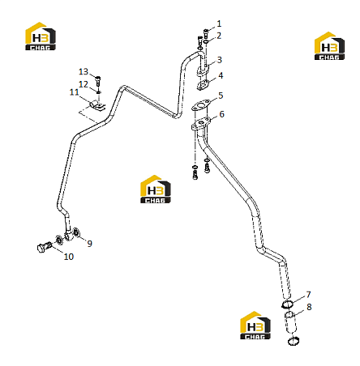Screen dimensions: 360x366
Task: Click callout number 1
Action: [219, 23]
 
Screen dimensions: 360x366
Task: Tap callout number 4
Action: [221, 75]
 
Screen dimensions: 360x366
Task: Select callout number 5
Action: [221, 96]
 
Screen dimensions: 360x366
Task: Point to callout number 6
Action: [221, 114]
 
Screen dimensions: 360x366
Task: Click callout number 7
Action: [308, 294]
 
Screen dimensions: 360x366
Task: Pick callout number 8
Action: [309, 307]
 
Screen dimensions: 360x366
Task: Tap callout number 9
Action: [90, 244]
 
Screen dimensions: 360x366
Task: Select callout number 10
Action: [69, 257]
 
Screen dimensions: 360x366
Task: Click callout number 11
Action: [74, 92]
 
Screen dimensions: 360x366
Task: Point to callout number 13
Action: [84, 72]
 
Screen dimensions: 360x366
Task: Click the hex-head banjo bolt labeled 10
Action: [44, 247]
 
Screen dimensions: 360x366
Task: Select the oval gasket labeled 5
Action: [201, 105]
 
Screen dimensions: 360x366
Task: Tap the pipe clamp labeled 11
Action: [97, 105]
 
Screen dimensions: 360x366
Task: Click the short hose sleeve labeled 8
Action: [290, 322]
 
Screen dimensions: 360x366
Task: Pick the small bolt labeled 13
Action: [98, 81]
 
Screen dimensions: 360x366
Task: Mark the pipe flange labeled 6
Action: [201, 124]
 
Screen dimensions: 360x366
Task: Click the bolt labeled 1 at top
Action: [206, 34]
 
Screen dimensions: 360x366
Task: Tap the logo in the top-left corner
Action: [41, 36]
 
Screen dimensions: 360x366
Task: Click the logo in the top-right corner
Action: [329, 46]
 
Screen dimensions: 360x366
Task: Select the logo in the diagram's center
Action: [156, 189]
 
